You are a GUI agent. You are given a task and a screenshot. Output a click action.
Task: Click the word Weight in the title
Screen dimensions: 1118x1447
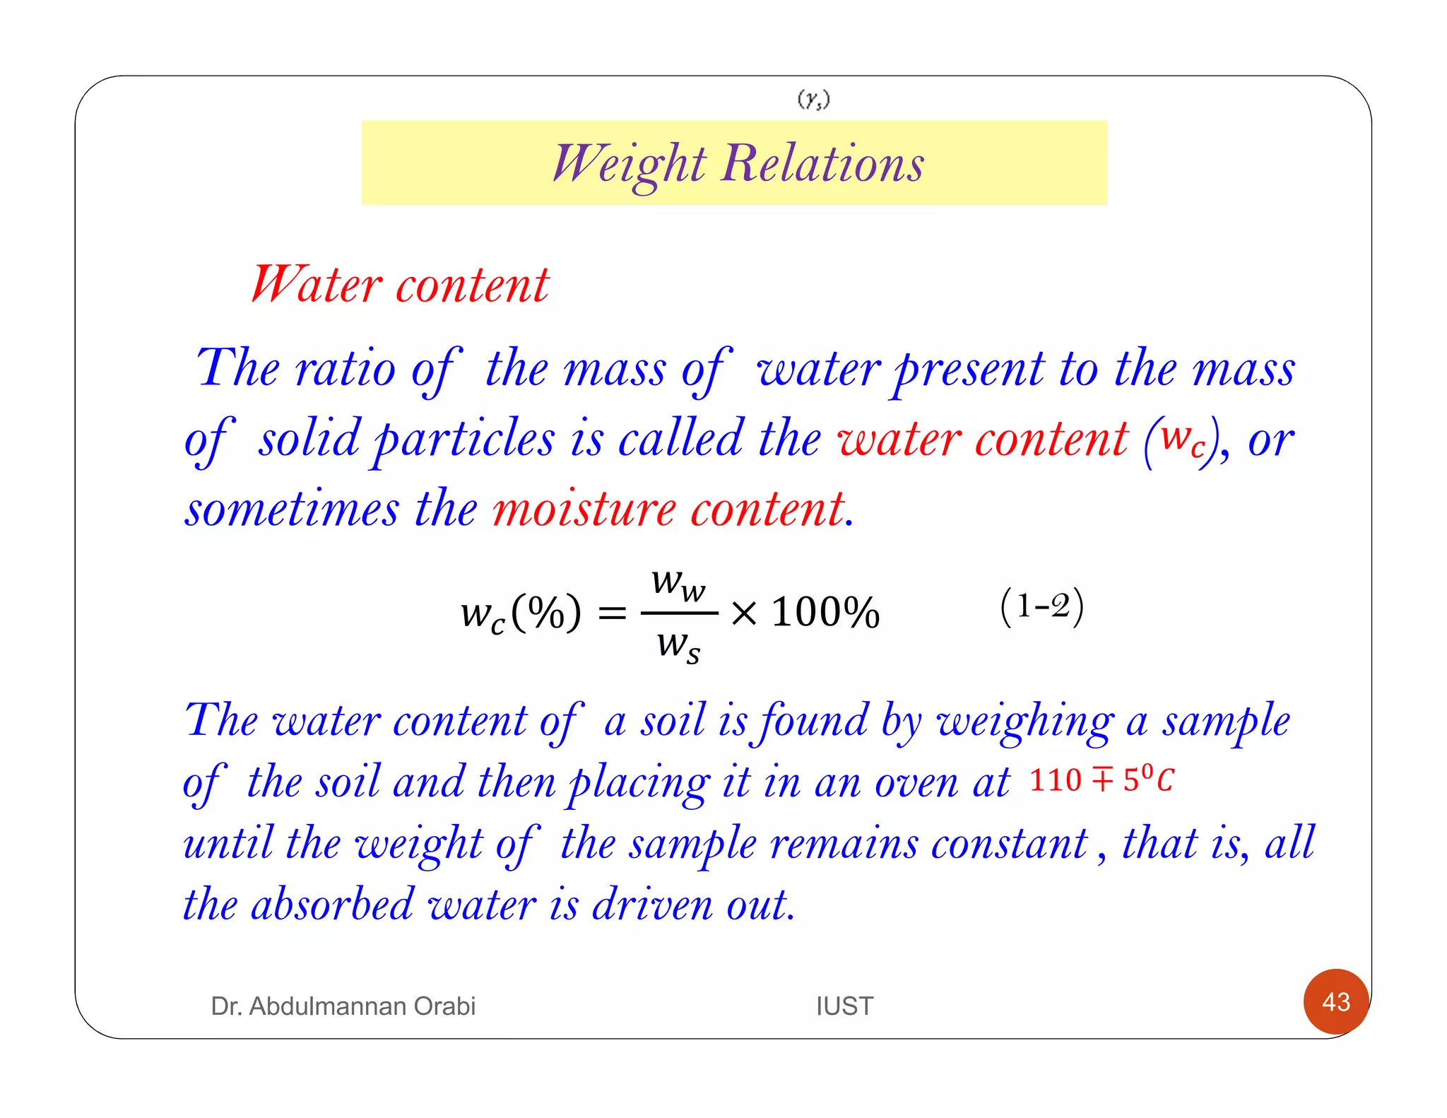click(629, 165)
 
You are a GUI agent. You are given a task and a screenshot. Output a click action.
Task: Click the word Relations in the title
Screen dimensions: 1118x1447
click(822, 163)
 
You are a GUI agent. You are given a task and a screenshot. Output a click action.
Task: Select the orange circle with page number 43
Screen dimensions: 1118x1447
click(1335, 1001)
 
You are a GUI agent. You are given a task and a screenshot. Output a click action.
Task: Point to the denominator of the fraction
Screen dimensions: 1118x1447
click(678, 645)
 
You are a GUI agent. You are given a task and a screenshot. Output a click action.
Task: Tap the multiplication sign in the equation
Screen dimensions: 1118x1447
click(744, 613)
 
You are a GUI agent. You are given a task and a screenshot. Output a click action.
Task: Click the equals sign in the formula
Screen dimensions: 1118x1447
click(612, 613)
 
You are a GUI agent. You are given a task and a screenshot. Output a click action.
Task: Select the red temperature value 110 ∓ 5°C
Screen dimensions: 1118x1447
click(1101, 779)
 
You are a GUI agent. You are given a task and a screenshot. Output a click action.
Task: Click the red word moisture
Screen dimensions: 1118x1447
click(584, 509)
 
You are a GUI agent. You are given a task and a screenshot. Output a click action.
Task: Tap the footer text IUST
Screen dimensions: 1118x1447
click(844, 1006)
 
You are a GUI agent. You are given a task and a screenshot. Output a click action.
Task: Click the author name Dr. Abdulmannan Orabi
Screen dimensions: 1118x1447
click(343, 1006)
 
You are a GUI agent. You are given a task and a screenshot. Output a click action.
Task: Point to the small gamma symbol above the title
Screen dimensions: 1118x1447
click(813, 100)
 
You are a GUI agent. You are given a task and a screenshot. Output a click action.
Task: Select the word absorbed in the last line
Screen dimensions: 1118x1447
click(332, 905)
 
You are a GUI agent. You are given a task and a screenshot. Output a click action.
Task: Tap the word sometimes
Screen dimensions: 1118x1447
click(292, 509)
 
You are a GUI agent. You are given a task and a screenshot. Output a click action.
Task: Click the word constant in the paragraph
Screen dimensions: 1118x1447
click(1010, 844)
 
